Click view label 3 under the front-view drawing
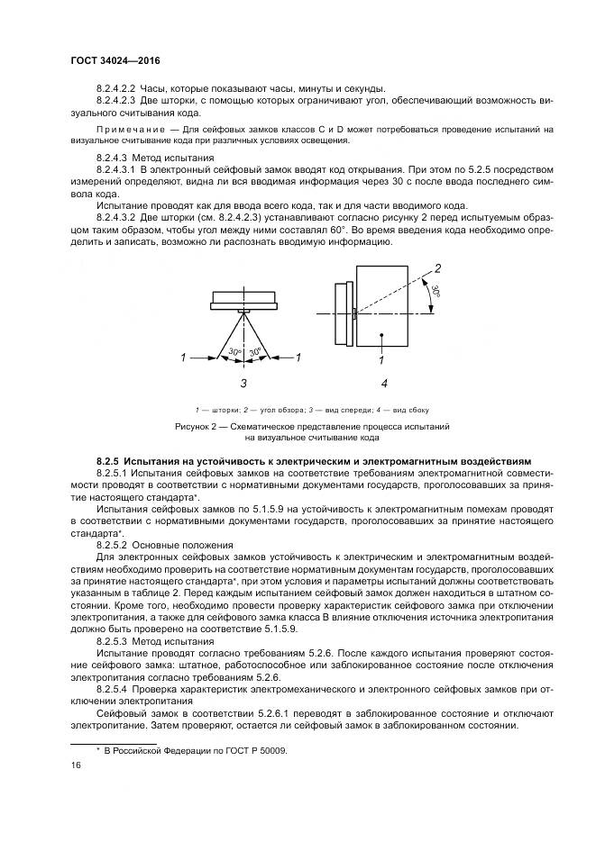pos(243,383)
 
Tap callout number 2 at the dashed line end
pos(437,268)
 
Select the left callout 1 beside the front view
pos(183,358)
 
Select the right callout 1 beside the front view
pos(298,358)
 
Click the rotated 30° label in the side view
pos(435,293)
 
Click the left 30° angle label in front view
pos(234,351)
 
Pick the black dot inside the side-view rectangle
pos(382,335)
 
